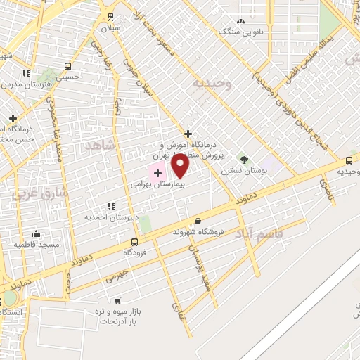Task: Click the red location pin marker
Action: coord(181,166)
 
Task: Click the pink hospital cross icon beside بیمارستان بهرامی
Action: coord(157,172)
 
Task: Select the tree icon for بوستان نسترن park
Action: coord(244,160)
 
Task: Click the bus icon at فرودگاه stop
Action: coord(134,241)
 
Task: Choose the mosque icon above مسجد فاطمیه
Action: coord(36,234)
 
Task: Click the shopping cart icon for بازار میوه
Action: coord(117,300)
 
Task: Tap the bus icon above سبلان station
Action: coord(110,17)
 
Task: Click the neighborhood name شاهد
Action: coord(98,146)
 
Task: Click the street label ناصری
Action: coord(325,186)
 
